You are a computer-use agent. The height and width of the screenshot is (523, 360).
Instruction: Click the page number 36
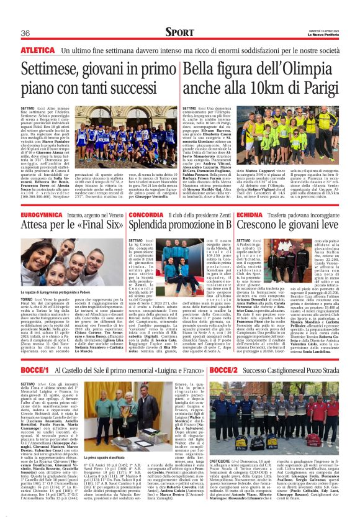pyautogui.click(x=25, y=32)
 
